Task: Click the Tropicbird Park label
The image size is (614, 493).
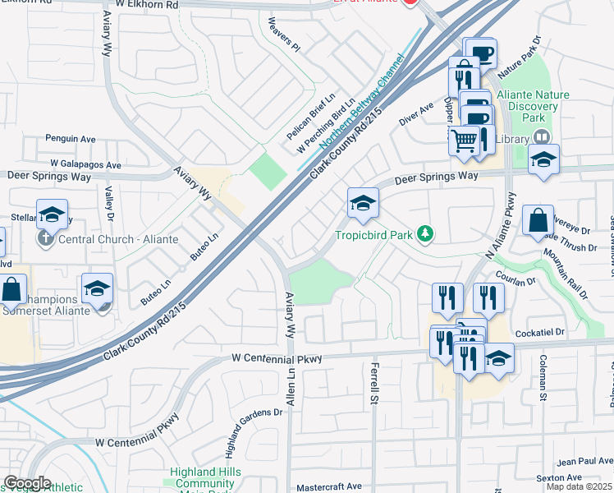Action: pyautogui.click(x=373, y=235)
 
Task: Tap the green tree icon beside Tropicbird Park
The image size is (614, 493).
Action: pyautogui.click(x=424, y=235)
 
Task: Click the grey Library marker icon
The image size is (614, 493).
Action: pyautogui.click(x=540, y=139)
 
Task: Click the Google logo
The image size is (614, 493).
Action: pyautogui.click(x=26, y=483)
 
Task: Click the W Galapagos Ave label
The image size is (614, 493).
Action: pyautogui.click(x=85, y=164)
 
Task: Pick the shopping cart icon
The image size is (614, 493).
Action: pyautogui.click(x=464, y=140)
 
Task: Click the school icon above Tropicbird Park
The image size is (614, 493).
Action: pyautogui.click(x=362, y=203)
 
